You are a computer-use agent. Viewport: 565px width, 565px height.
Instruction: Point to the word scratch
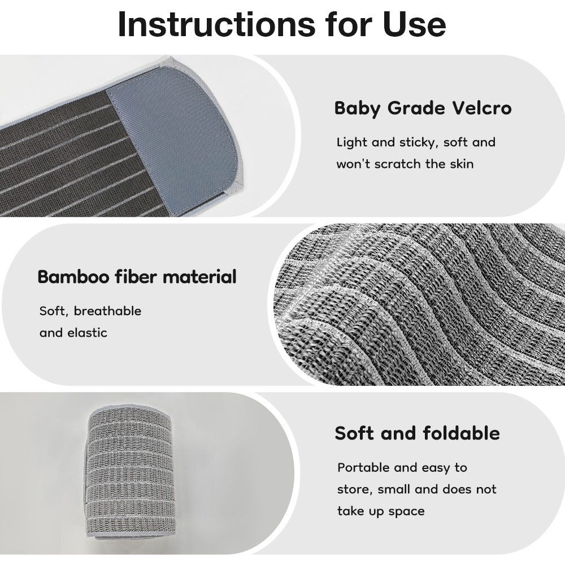(x=397, y=164)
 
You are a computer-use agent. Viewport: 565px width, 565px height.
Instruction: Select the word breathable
(x=107, y=311)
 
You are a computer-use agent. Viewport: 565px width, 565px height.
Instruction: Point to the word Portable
(x=363, y=468)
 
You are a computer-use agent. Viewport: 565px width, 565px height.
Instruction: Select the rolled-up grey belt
(x=131, y=474)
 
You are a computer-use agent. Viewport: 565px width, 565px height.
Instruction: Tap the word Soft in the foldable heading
(x=355, y=433)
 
